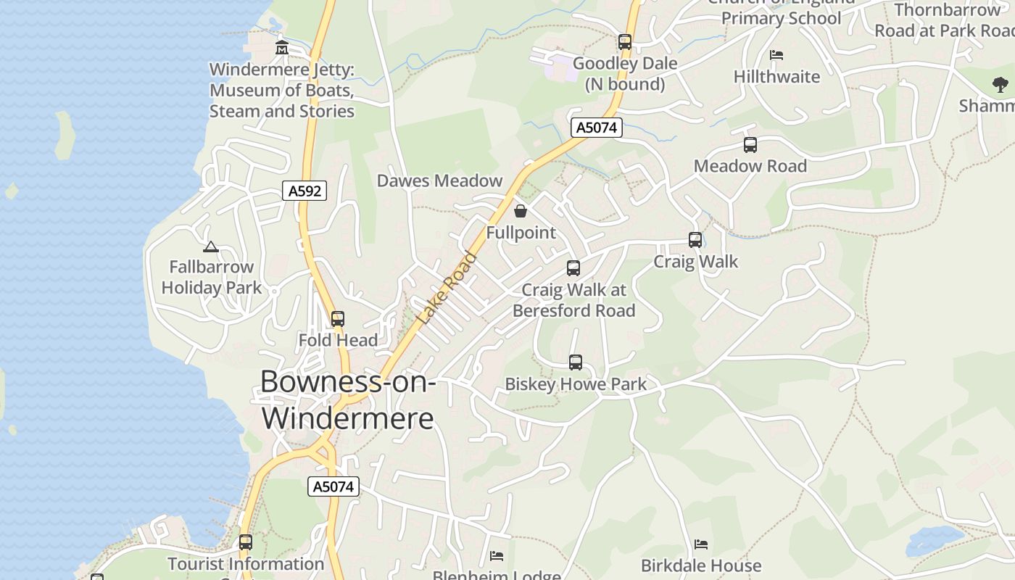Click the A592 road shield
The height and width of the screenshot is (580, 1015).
304,191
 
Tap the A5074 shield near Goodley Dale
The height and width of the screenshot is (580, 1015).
597,128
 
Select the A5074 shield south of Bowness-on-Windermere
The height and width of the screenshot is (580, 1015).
333,486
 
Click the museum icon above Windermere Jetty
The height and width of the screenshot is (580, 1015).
282,48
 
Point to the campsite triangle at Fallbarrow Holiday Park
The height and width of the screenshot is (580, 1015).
211,246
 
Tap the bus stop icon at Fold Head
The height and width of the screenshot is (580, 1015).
338,318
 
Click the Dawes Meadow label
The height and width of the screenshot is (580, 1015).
439,181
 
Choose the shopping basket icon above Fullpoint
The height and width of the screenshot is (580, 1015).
521,211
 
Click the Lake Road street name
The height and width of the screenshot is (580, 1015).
448,288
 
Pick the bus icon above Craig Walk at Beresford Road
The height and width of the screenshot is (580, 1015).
573,268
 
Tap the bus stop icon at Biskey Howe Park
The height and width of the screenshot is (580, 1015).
576,362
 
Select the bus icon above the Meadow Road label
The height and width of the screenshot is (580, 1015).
750,145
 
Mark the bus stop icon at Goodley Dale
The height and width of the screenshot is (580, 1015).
625,42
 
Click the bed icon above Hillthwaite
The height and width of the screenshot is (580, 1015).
776,55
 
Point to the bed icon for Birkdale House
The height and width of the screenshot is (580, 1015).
701,544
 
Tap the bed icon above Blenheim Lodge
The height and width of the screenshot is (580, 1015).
497,556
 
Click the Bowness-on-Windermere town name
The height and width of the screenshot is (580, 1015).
348,399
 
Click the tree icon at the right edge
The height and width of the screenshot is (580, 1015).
1000,85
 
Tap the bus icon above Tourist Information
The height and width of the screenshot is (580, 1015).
246,542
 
